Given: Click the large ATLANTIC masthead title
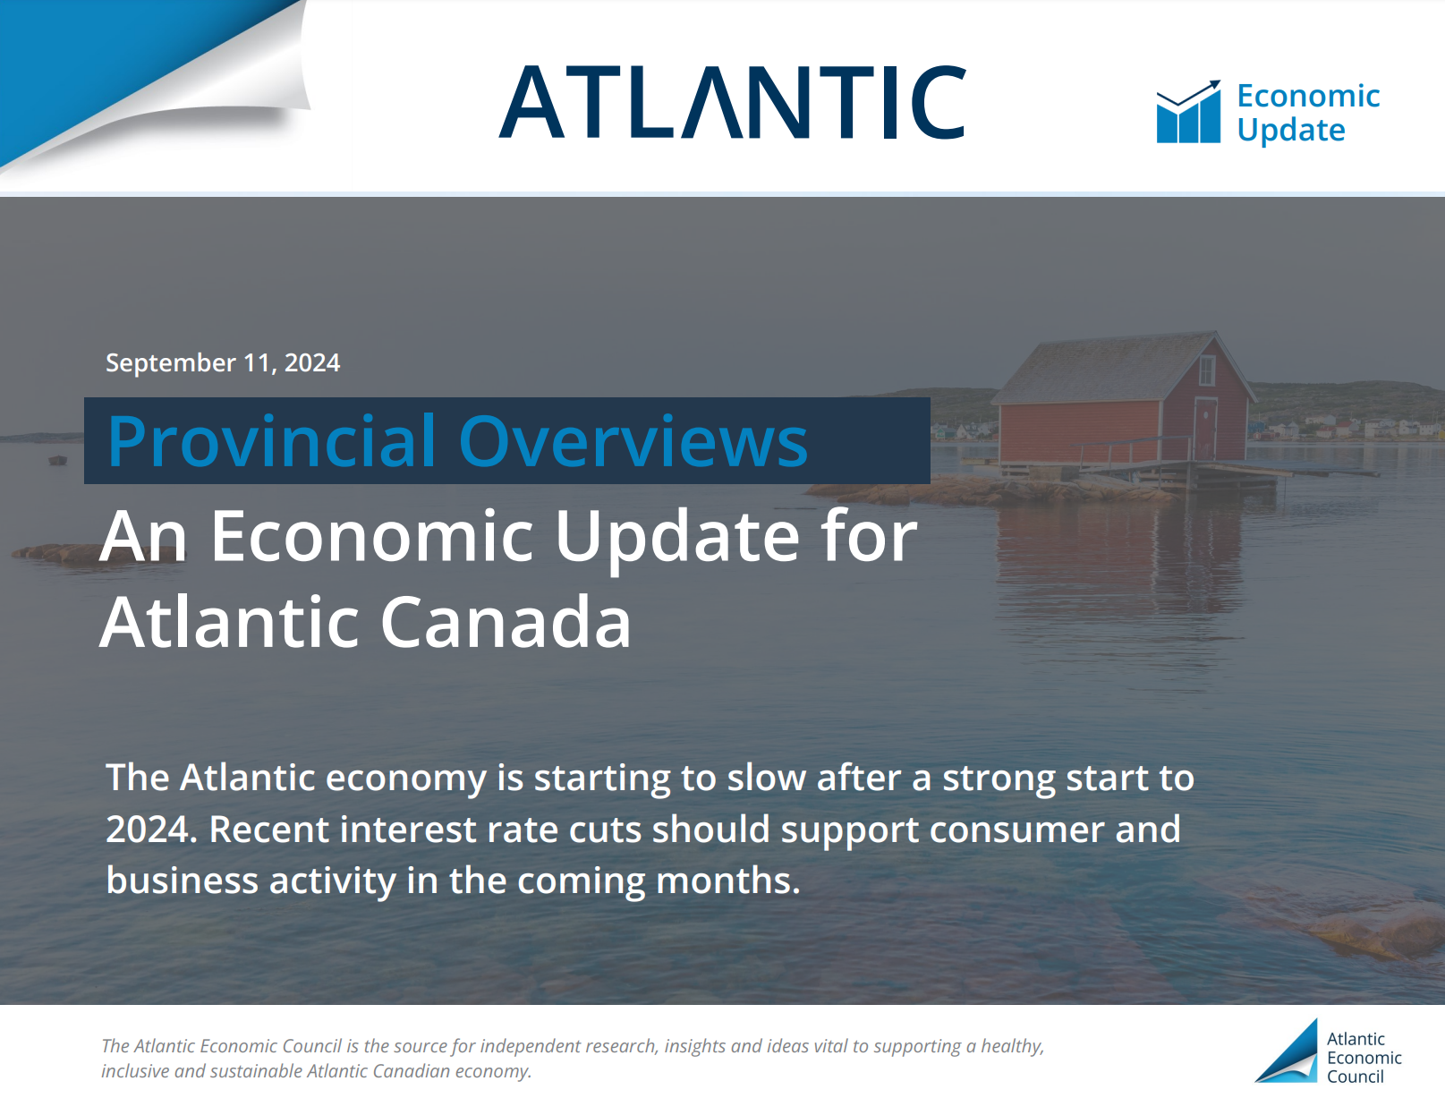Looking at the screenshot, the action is (732, 102).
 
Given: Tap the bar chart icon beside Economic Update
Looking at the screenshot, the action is (1188, 112).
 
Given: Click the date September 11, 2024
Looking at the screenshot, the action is (223, 363).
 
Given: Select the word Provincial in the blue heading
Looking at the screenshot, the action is (271, 441).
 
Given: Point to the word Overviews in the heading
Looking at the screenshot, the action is (633, 441).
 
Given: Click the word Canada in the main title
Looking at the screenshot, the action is (506, 622).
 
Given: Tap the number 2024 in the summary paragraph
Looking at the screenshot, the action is (151, 830).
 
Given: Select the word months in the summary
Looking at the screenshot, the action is (728, 881).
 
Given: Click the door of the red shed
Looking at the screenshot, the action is (1204, 428).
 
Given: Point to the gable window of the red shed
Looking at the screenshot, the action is (1206, 370).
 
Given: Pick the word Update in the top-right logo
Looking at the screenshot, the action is (1291, 131).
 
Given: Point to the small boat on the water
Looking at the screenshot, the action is (58, 459).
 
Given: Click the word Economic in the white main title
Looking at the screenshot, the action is (372, 536).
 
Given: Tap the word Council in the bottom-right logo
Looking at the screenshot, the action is (1356, 1077).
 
